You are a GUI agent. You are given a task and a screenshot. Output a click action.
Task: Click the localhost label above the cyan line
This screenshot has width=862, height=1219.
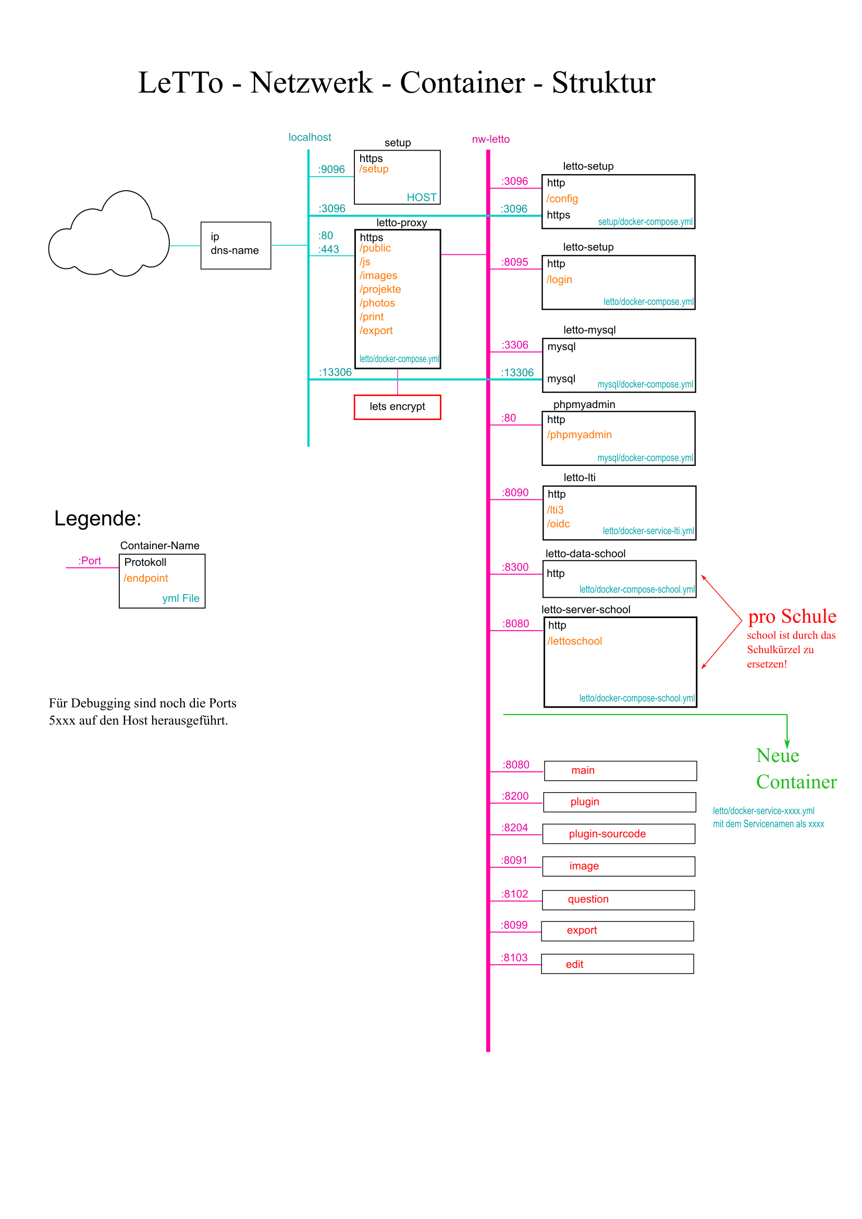coord(310,138)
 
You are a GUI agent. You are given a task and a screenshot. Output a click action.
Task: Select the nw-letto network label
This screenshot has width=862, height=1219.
coord(490,139)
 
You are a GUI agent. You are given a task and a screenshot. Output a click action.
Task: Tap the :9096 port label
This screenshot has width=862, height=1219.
coord(331,169)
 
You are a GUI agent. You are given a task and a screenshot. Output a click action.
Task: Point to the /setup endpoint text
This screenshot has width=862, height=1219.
coord(374,169)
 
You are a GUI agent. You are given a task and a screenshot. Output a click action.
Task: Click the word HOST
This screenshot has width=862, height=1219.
coord(422,198)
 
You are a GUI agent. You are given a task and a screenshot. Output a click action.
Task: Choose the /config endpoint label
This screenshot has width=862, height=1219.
coord(562,199)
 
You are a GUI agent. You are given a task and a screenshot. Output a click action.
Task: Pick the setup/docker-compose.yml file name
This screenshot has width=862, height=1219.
coord(645,222)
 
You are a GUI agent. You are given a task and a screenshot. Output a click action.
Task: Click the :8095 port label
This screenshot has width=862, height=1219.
coord(514,262)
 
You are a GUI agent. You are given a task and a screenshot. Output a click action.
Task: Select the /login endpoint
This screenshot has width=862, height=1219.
coord(559,280)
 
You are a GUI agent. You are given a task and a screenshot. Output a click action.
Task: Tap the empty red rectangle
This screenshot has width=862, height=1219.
coord(397,407)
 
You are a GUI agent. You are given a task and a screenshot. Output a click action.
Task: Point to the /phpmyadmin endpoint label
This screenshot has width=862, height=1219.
coord(579,435)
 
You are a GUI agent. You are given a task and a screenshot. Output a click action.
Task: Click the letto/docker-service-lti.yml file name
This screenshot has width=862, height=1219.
coord(648,531)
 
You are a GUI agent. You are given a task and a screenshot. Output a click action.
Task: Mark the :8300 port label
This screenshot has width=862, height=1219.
coord(515,567)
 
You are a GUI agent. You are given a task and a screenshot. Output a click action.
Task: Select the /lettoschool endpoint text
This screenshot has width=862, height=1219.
coord(574,642)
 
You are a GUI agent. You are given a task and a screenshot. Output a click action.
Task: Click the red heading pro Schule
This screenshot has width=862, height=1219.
coord(792,617)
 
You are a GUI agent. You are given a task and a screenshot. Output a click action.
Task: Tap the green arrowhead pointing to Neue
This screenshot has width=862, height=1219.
coord(787,744)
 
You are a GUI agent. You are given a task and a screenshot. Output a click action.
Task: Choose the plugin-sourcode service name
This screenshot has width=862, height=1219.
coord(607,834)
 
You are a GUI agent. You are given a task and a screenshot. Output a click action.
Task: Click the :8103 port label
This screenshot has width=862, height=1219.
coord(514,958)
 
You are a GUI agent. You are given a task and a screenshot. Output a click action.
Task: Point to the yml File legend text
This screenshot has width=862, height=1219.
coord(180,598)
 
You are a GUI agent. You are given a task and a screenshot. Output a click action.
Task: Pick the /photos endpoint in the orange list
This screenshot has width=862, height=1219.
coord(377,303)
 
